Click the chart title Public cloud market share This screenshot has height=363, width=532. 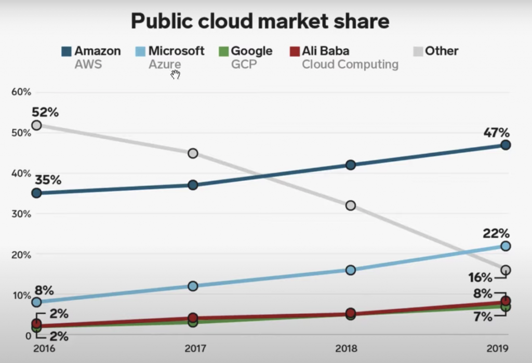point(260,21)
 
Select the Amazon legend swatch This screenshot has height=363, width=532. point(66,51)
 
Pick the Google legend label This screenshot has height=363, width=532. point(251,51)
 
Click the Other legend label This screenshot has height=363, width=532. point(442,51)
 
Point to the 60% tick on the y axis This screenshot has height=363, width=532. point(21,92)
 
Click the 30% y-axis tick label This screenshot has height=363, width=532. point(21,214)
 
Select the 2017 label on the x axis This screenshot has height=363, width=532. point(192,347)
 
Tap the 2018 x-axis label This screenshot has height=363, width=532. point(350,347)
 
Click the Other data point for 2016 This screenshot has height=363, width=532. point(36,125)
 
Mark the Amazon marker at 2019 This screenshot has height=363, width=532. point(506,145)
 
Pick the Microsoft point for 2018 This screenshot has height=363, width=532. point(351,270)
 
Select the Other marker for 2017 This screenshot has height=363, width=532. point(193,153)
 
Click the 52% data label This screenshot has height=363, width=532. point(45,112)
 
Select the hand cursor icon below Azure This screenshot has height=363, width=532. point(176,75)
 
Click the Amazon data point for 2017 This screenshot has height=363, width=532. point(193,185)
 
